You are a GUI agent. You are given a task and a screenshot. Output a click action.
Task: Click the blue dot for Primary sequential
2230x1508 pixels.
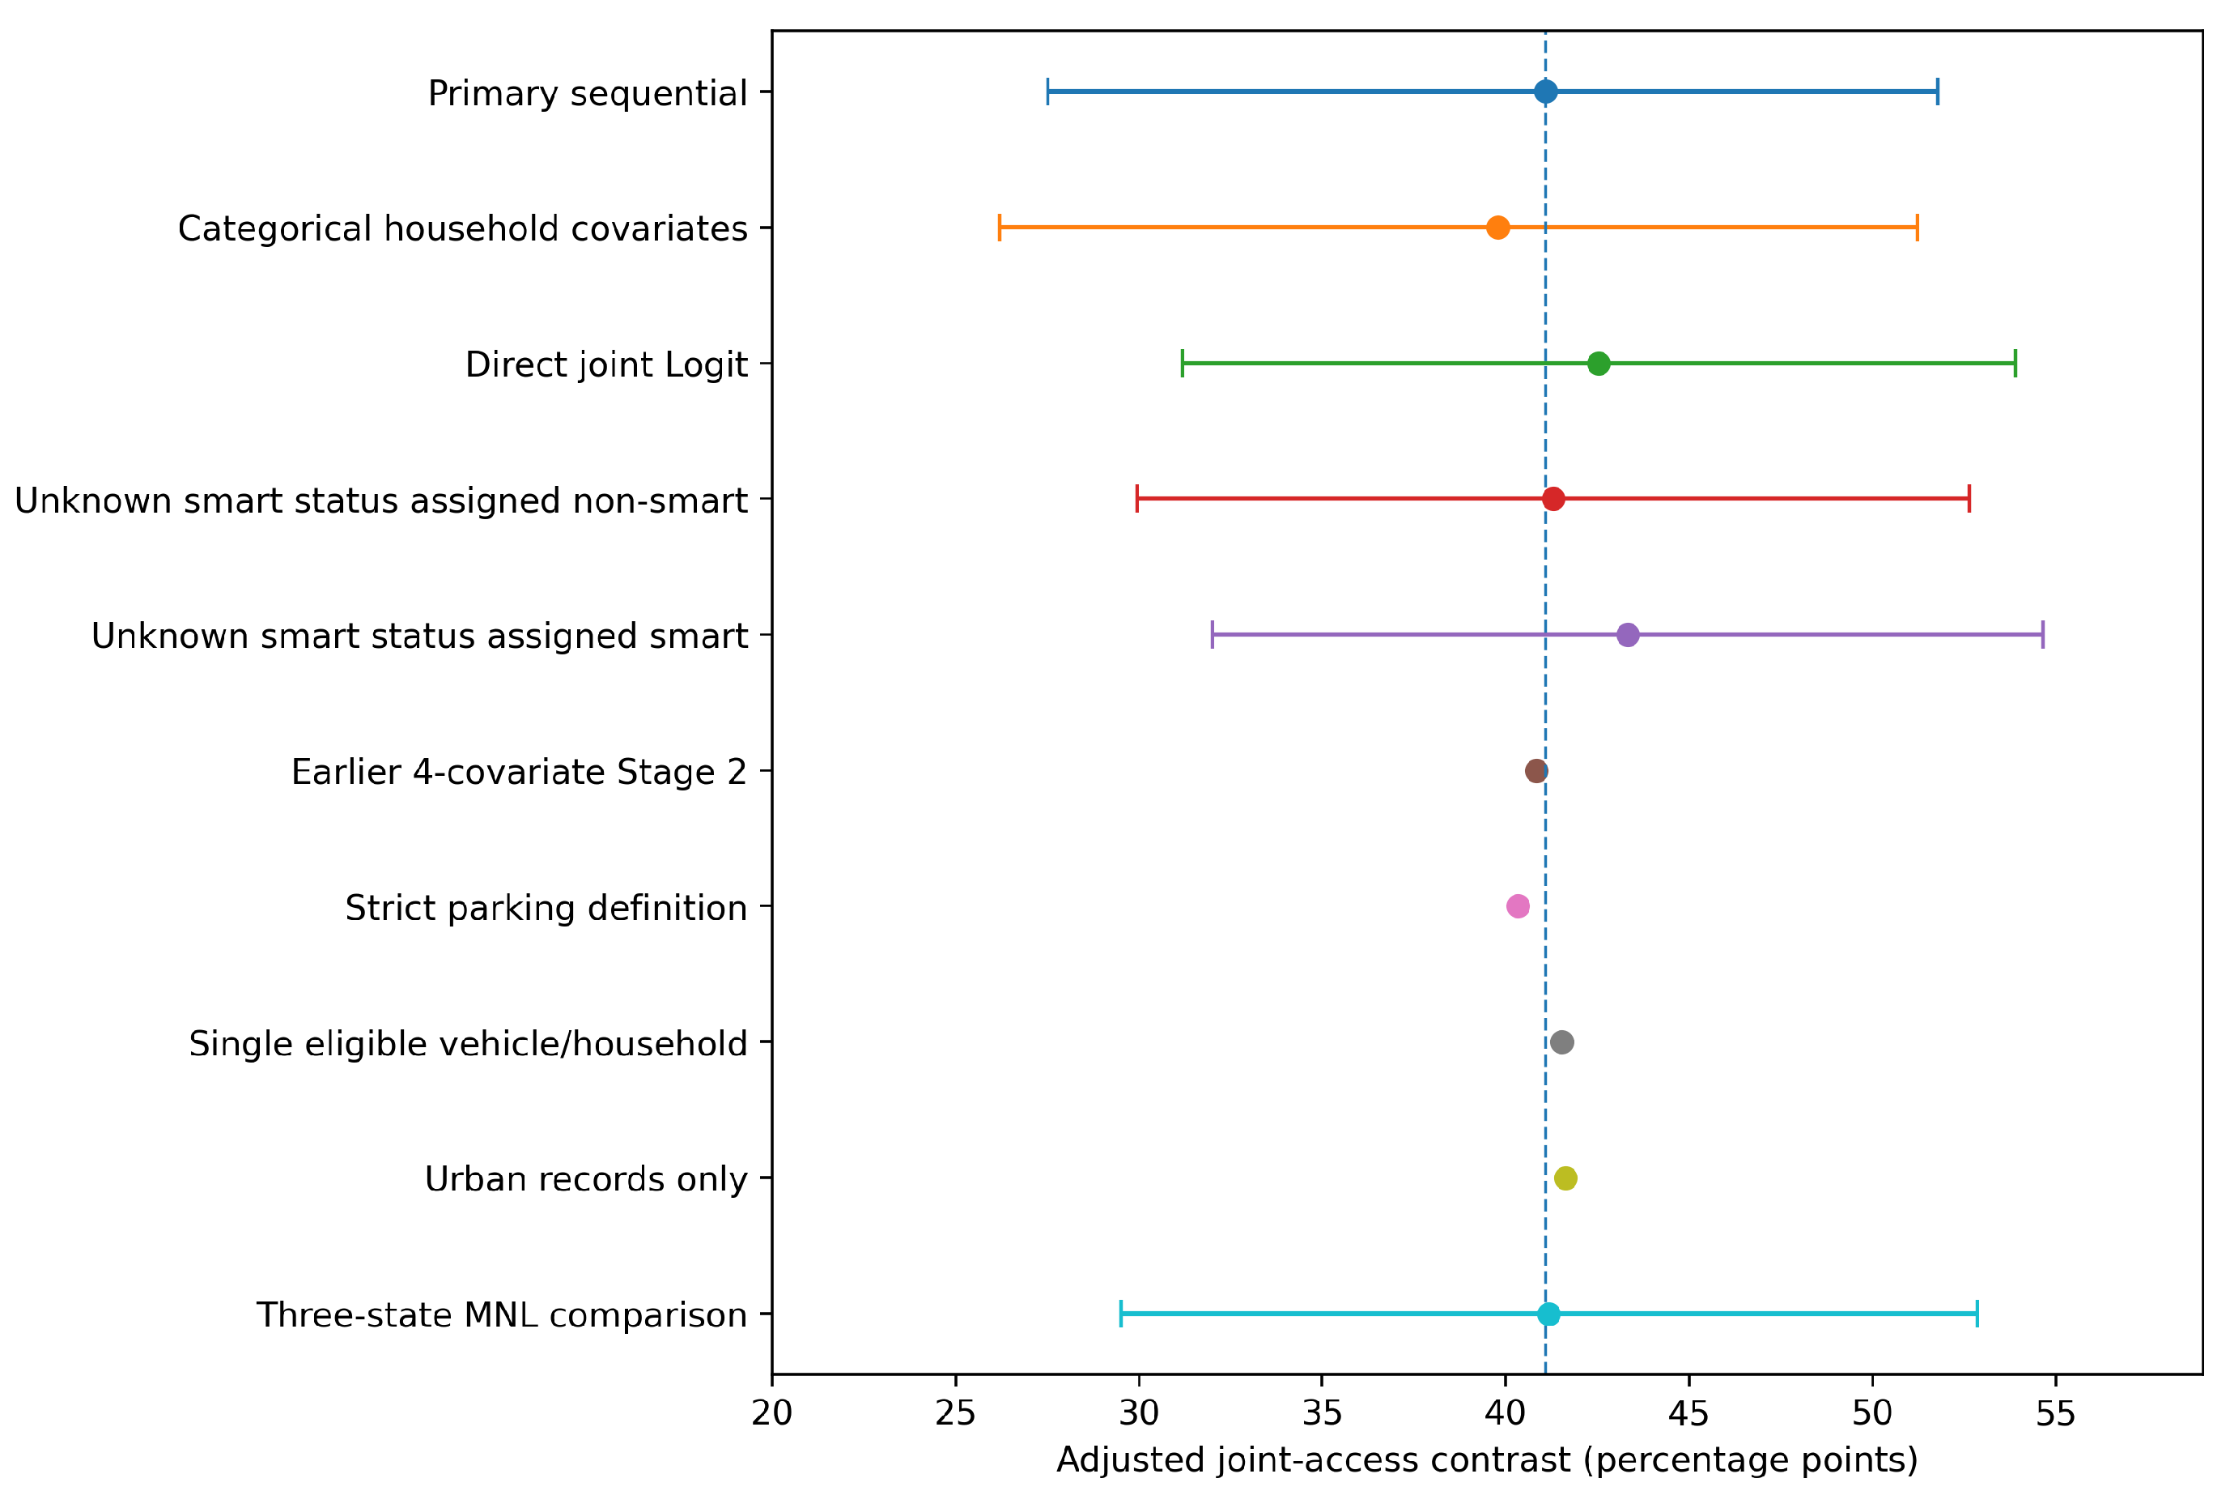1545,92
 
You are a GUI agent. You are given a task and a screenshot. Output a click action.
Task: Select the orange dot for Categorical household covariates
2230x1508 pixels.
1497,228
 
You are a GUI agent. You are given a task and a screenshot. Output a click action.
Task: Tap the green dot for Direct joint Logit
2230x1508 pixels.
1598,364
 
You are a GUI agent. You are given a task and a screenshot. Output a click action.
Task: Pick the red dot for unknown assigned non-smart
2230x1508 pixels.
1553,499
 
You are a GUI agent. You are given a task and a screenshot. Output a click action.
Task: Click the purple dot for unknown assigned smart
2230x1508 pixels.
1628,634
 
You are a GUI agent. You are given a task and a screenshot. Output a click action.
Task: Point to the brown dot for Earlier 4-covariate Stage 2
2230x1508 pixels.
1536,771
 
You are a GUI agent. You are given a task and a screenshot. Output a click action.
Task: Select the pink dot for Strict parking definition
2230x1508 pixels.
1517,906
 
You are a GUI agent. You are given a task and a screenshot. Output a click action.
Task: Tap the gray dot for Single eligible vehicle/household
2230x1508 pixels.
1561,1042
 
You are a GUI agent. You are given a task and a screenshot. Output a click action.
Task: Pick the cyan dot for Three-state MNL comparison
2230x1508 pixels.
1548,1314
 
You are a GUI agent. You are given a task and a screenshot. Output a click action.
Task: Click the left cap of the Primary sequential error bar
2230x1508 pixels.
1048,92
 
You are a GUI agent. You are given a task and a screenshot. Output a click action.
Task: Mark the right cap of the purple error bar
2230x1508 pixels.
2043,634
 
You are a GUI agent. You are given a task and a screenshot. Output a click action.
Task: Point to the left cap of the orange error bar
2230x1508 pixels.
999,228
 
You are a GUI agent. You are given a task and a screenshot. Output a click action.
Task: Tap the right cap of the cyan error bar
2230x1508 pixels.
1977,1314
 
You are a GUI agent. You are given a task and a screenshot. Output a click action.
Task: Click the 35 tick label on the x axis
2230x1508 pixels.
1323,1414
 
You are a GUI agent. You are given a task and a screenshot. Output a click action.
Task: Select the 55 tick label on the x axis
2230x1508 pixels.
2055,1414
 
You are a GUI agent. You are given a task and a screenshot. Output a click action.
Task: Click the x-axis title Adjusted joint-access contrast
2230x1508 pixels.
1487,1461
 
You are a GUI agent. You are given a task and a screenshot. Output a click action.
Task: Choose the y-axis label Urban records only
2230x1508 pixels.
585,1178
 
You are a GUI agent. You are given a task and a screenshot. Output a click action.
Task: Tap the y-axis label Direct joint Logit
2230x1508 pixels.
605,364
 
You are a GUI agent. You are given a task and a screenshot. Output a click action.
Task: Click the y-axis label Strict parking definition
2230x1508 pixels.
546,908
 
